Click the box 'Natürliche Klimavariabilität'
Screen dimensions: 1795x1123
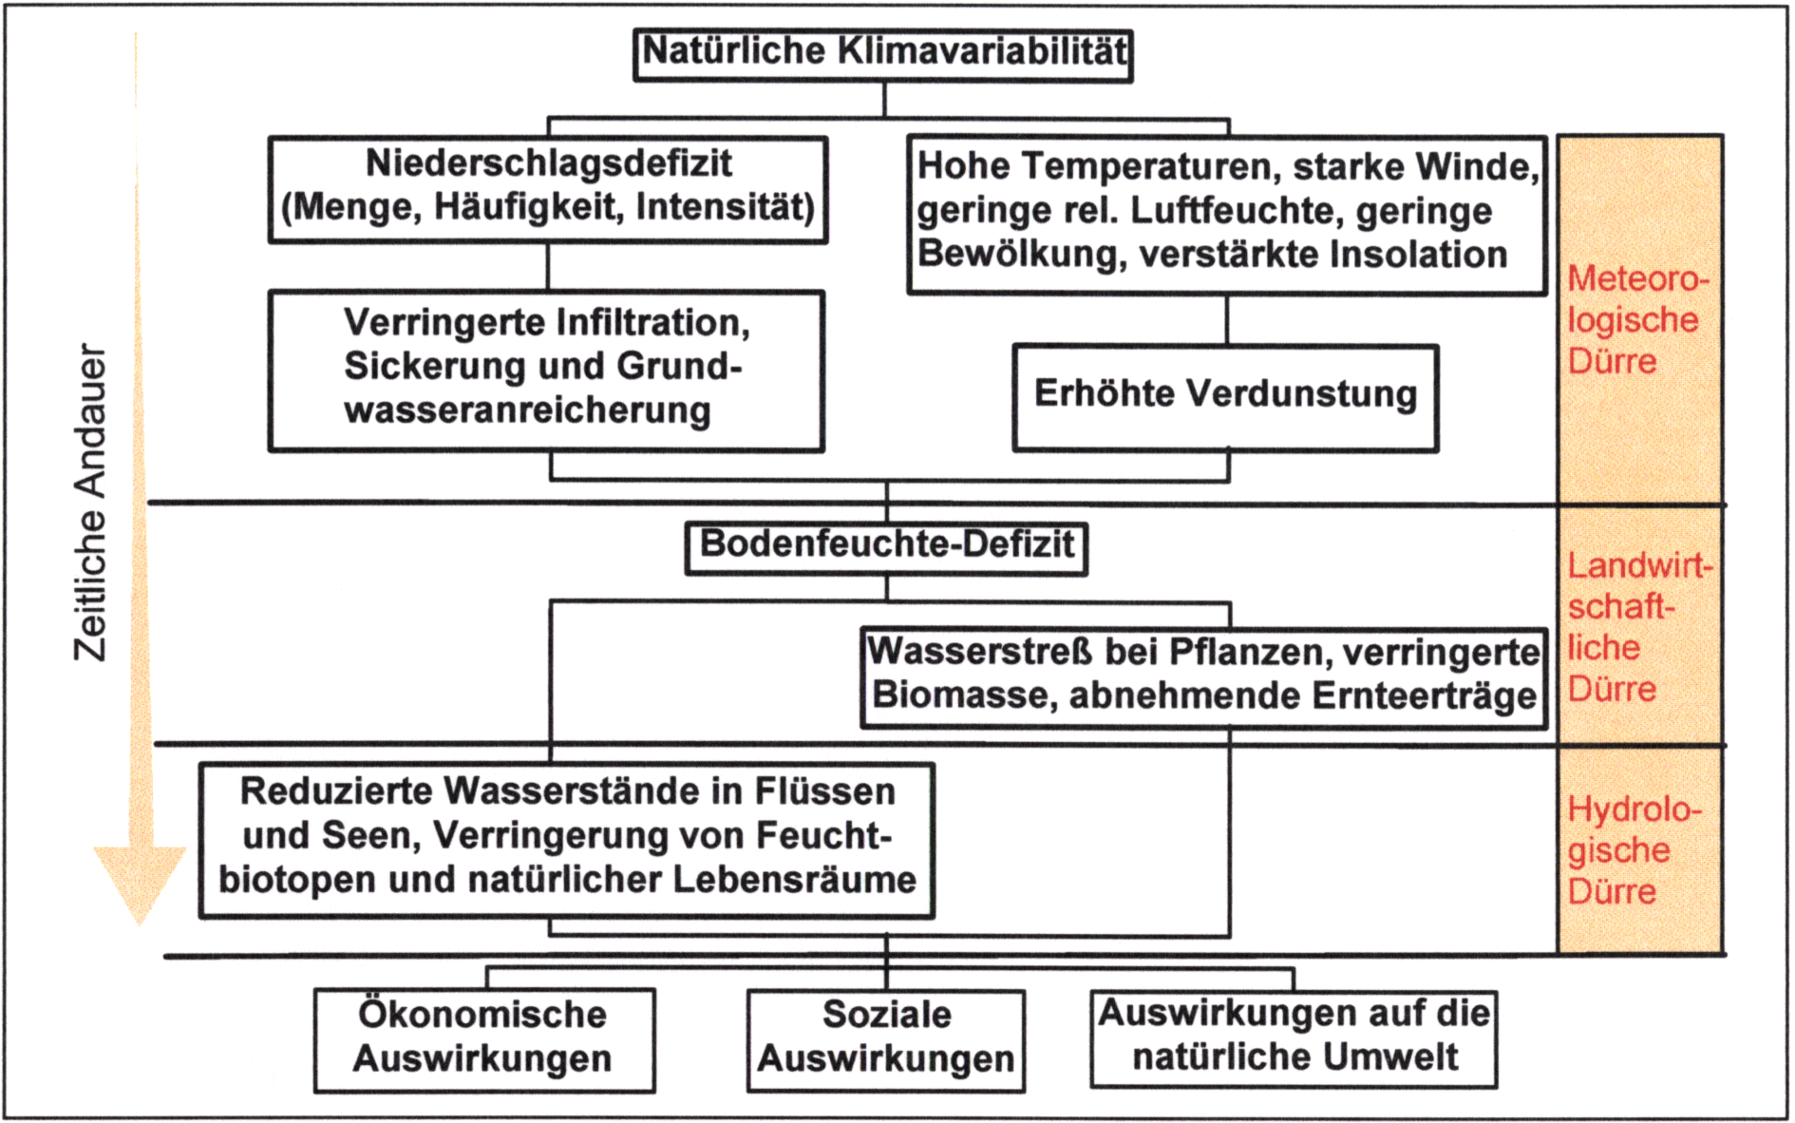[x=882, y=55]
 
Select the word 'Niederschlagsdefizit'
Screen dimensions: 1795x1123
[x=549, y=163]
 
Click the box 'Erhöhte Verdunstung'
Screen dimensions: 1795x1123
[x=1225, y=398]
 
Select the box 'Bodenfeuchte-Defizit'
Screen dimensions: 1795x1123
[x=886, y=548]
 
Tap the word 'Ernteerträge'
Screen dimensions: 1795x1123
[x=1424, y=696]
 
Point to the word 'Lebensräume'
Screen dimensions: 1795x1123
[x=795, y=880]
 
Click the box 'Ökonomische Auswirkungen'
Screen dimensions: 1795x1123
[x=484, y=1040]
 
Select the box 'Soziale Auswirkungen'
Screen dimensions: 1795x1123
[x=886, y=1040]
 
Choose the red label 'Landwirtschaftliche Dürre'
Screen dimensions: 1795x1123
[x=1639, y=627]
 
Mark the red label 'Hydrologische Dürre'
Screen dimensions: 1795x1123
[x=1634, y=850]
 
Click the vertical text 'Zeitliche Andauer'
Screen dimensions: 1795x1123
[x=91, y=503]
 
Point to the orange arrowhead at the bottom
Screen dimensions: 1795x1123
[x=140, y=884]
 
